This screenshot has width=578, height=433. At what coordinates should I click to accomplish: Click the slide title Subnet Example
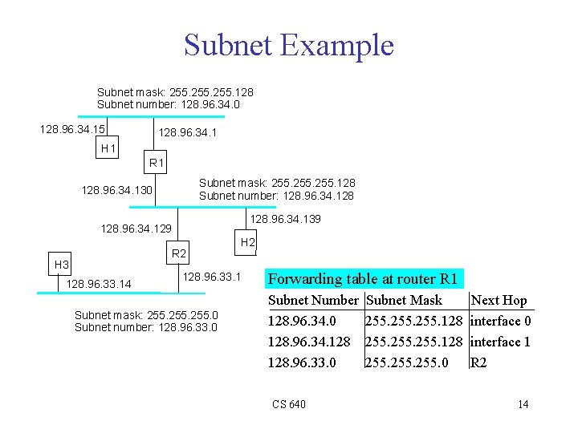[x=288, y=45]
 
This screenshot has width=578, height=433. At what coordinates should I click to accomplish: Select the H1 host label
[x=108, y=148]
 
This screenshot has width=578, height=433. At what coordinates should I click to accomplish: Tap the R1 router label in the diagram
[x=157, y=164]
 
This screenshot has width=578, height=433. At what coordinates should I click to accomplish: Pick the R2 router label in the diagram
[x=179, y=254]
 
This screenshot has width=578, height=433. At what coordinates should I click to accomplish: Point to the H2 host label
[x=248, y=242]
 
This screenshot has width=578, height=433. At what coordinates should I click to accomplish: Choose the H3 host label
[x=61, y=265]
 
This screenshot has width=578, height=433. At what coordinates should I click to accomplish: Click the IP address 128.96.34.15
[x=74, y=128]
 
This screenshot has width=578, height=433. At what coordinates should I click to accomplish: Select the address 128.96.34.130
[x=117, y=190]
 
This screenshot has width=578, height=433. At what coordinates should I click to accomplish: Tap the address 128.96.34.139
[x=285, y=220]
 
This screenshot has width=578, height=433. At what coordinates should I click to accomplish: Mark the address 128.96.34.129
[x=136, y=229]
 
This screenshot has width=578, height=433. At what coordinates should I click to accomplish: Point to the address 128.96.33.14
[x=99, y=284]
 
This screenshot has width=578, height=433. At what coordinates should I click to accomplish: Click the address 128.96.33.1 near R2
[x=212, y=277]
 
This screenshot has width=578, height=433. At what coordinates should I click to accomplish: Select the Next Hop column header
[x=499, y=301]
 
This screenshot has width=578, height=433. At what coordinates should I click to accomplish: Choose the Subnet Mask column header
[x=403, y=301]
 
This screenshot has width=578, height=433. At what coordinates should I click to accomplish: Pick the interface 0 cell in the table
[x=501, y=322]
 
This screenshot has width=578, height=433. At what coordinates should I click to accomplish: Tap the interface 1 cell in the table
[x=501, y=342]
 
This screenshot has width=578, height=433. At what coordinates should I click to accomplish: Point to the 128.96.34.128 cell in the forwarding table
[x=308, y=342]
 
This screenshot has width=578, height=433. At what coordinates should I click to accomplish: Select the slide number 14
[x=523, y=404]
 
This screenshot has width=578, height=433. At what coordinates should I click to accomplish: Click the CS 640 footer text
[x=288, y=404]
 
